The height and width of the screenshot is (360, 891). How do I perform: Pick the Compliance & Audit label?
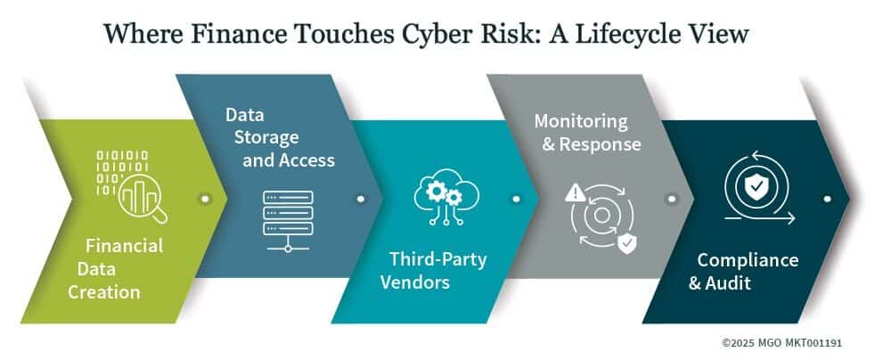tap(747, 272)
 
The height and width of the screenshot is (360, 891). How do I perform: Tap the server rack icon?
tap(287, 218)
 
